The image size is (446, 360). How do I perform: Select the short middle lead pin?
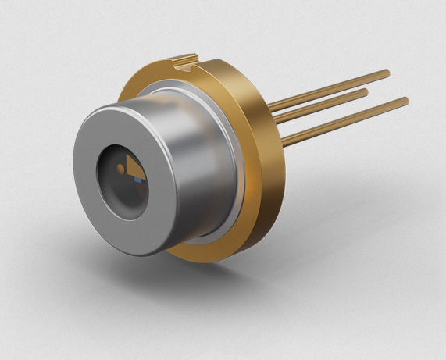pyautogui.click(x=320, y=107)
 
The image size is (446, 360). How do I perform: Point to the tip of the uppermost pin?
pyautogui.click(x=387, y=73)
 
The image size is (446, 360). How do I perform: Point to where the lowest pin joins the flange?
pyautogui.click(x=283, y=142)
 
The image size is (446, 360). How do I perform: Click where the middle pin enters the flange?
pyautogui.click(x=276, y=120)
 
